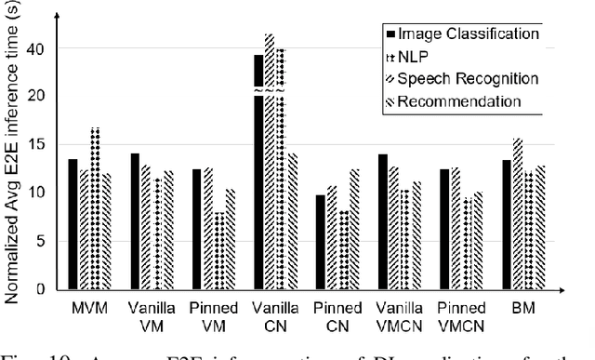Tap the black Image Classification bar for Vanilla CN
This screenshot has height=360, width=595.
[258, 172]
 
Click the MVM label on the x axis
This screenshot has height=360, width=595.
[89, 304]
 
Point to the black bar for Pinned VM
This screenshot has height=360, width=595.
[197, 229]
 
